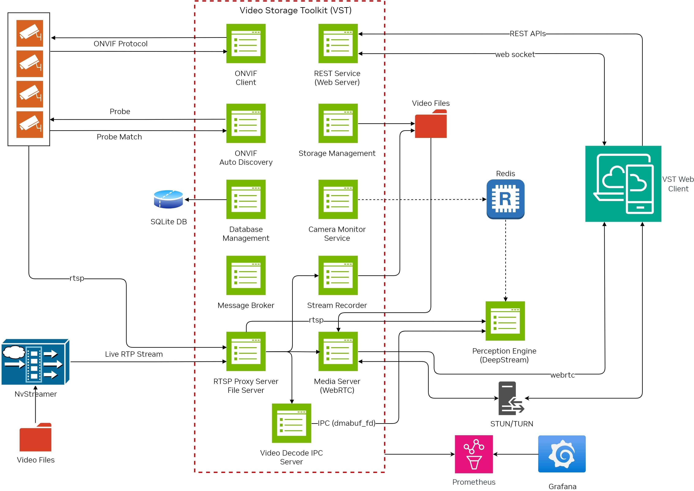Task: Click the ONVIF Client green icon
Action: point(246,44)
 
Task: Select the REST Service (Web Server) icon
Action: point(338,44)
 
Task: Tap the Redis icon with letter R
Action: point(505,199)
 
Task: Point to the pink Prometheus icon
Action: point(474,454)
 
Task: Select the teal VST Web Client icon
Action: point(623,184)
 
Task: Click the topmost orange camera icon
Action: point(30,33)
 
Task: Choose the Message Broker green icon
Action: point(246,275)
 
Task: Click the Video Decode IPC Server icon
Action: point(291,423)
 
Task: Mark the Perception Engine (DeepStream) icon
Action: point(505,321)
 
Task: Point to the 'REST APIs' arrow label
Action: point(527,34)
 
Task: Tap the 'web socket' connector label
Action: point(515,54)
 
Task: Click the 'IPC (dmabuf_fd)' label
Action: point(346,423)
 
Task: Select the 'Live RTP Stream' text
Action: point(134,354)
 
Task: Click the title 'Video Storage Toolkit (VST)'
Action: point(295,10)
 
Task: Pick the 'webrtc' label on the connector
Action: point(562,375)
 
